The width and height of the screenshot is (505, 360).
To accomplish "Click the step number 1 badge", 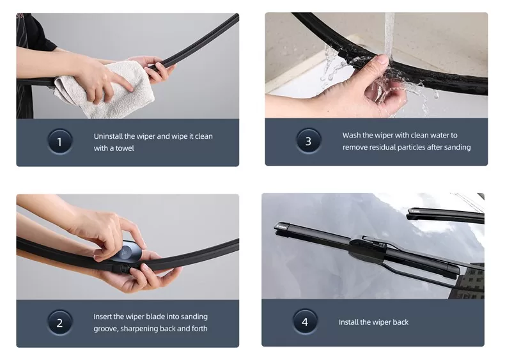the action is (x=59, y=141).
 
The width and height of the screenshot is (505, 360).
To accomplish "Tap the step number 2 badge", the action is (x=59, y=323).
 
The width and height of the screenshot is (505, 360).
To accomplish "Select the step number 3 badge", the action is (x=308, y=141).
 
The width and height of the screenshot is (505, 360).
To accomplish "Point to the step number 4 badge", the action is (x=305, y=322).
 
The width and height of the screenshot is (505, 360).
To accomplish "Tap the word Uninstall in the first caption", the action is (x=108, y=136).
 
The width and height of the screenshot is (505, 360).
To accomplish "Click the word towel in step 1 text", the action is (x=125, y=148).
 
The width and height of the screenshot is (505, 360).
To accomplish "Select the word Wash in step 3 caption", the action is (x=351, y=135).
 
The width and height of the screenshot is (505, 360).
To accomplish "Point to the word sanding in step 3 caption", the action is (x=457, y=147).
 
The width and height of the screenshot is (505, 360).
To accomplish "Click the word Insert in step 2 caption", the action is (x=102, y=317).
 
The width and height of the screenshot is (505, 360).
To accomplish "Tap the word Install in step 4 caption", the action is (x=348, y=322).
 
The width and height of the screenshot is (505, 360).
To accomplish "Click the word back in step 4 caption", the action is (x=400, y=322).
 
